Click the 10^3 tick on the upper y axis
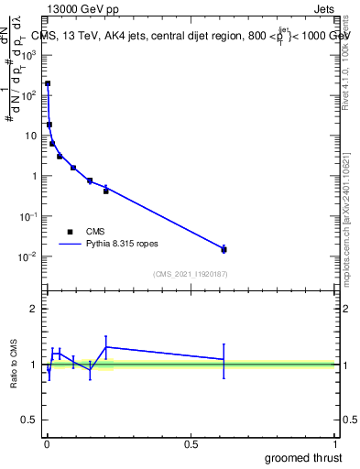pos(33,55)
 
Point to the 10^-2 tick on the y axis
pos(32,256)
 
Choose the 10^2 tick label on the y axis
pos(33,95)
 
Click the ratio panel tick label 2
pos(37,309)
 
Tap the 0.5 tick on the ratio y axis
pos(33,421)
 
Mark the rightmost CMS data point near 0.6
pos(224,249)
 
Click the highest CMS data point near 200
pos(48,83)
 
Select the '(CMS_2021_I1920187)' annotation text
pos(191,274)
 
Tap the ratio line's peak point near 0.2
pos(106,346)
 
